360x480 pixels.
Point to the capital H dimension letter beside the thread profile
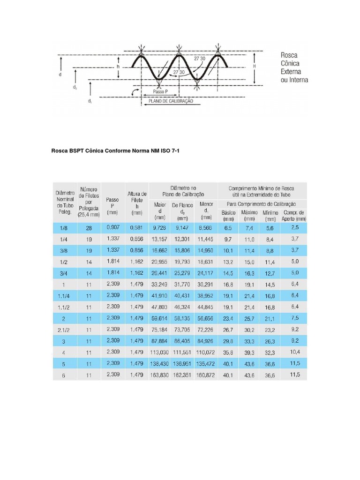click(255, 67)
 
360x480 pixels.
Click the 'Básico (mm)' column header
click(228, 216)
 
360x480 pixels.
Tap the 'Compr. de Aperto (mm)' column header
click(294, 216)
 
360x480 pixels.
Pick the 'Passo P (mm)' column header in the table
click(112, 205)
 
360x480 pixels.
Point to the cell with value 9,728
click(160, 227)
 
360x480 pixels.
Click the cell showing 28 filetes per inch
click(89, 227)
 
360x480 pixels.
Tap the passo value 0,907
click(113, 227)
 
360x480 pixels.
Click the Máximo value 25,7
click(249, 318)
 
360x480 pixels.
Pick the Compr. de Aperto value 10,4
click(294, 352)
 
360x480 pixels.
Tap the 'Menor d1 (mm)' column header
click(206, 210)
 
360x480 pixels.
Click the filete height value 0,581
click(136, 227)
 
